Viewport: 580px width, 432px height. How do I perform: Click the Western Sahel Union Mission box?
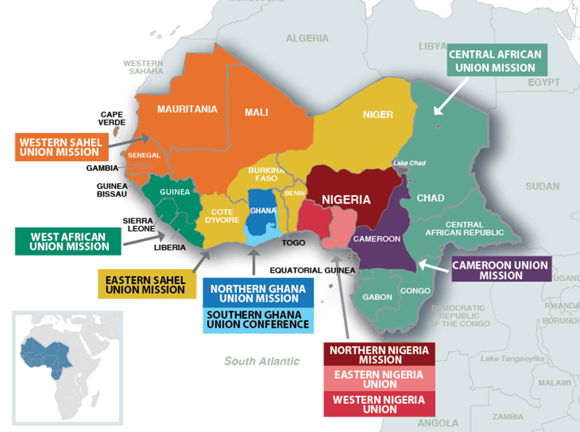click(x=62, y=147)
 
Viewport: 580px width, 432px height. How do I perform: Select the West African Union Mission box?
click(x=68, y=242)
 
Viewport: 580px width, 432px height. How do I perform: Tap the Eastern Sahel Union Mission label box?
click(x=147, y=284)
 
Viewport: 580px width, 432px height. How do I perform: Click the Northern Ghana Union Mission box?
click(x=258, y=293)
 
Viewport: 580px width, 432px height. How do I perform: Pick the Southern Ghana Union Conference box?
click(x=258, y=320)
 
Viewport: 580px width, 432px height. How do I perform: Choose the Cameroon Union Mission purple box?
click(x=501, y=270)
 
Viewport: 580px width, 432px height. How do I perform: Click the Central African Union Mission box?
click(x=497, y=61)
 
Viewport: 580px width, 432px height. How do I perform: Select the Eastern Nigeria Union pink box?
click(x=379, y=379)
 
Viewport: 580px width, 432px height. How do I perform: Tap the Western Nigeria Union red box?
click(x=379, y=404)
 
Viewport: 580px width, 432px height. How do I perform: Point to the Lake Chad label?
click(x=410, y=163)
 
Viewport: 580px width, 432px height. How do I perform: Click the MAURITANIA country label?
click(x=187, y=109)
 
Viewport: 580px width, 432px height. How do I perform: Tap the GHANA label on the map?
click(x=263, y=211)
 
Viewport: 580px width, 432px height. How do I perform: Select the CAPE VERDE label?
click(x=112, y=118)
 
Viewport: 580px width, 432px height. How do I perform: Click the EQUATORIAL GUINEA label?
click(x=312, y=270)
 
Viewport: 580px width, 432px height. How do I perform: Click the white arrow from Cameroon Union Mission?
click(x=433, y=267)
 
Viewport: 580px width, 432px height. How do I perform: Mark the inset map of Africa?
click(x=67, y=368)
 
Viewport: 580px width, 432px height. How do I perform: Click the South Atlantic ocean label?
click(x=262, y=361)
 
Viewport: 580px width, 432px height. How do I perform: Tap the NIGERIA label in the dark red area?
click(x=346, y=199)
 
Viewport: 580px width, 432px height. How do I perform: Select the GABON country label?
click(x=377, y=297)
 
